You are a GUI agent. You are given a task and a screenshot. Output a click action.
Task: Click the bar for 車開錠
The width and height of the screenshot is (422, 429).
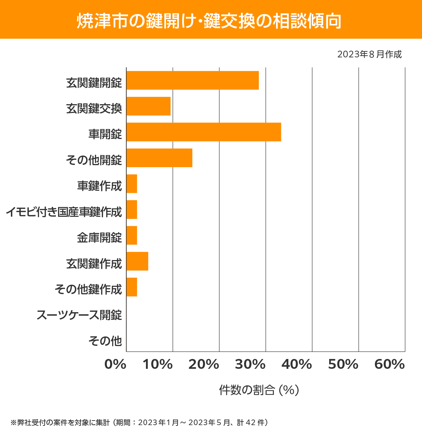point(204,132)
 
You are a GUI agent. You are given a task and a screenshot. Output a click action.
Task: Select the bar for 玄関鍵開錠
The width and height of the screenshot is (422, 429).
point(192,80)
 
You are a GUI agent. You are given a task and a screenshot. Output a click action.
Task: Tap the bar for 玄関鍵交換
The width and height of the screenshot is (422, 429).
point(148,106)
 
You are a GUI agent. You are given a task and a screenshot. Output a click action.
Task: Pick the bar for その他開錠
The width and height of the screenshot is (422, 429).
point(159,158)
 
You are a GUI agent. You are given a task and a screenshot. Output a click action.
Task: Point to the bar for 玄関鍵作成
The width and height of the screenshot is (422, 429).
point(137,261)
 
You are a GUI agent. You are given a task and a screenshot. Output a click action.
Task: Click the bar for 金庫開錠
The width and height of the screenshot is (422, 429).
point(132,235)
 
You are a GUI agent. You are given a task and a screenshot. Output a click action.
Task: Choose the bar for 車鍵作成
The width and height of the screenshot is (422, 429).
point(132,184)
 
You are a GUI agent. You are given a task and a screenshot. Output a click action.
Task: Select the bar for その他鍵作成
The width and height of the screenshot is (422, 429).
point(132,287)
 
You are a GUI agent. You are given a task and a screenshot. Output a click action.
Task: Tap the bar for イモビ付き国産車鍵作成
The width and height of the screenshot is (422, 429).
point(132,209)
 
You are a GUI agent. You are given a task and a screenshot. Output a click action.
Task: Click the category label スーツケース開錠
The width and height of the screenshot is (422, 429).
point(79,315)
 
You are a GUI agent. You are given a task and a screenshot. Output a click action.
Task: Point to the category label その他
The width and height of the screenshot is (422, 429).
point(105,341)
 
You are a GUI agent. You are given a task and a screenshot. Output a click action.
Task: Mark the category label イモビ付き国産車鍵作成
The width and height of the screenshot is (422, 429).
point(64,212)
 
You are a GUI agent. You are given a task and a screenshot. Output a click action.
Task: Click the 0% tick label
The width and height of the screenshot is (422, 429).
point(115,365)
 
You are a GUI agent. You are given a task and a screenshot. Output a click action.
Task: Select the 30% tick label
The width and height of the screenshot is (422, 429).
point(250,365)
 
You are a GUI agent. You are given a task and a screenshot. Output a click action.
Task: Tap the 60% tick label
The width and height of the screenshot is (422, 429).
point(390,365)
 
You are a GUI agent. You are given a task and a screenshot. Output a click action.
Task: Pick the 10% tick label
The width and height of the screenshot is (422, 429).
point(158,365)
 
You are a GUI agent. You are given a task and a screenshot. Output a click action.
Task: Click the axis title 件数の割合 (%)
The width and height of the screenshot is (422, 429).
point(259,390)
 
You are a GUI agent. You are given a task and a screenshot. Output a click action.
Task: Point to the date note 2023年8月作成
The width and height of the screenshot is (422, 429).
point(369,55)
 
